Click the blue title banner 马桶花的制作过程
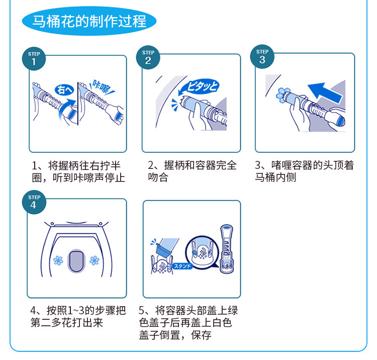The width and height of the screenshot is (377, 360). pyautogui.click(x=89, y=21)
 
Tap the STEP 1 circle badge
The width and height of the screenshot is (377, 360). pyautogui.click(x=34, y=58)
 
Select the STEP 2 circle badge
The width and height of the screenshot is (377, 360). pyautogui.click(x=148, y=57)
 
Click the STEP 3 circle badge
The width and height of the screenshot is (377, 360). pyautogui.click(x=262, y=56)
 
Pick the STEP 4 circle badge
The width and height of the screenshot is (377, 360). pyautogui.click(x=34, y=202)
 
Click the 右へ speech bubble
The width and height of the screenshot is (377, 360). pyautogui.click(x=64, y=89)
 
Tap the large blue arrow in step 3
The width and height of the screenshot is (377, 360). pyautogui.click(x=325, y=93)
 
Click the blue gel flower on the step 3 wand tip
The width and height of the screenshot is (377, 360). pyautogui.click(x=282, y=94)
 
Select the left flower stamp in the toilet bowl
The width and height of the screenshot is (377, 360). pyautogui.click(x=58, y=260)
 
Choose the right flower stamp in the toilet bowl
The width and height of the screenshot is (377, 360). pyautogui.click(x=95, y=260)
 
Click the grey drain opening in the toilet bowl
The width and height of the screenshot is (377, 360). pyautogui.click(x=76, y=261)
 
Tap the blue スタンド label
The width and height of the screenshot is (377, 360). pyautogui.click(x=182, y=266)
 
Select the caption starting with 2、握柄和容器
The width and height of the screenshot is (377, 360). pyautogui.click(x=192, y=171)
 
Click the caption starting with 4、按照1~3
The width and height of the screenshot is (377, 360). pyautogui.click(x=78, y=316)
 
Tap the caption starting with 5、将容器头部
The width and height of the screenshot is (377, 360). pyautogui.click(x=189, y=322)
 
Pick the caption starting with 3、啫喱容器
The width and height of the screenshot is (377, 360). pyautogui.click(x=304, y=171)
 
